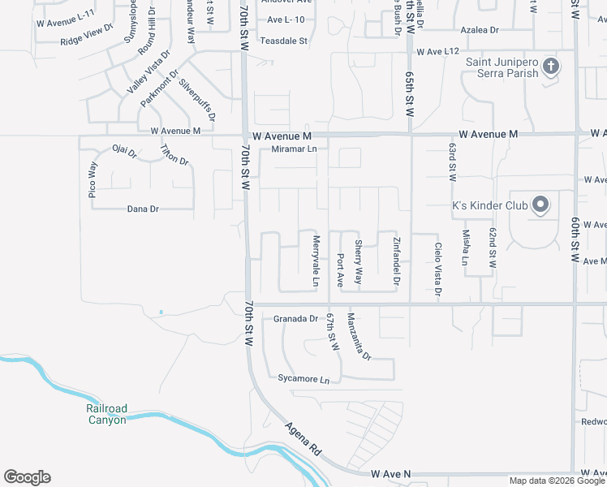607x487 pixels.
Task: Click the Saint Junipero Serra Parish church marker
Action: (x=551, y=67)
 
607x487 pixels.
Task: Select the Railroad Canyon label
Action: (x=106, y=414)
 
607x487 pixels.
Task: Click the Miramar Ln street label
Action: (x=289, y=149)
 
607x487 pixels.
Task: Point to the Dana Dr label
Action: (x=143, y=209)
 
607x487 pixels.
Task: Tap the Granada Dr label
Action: (x=295, y=318)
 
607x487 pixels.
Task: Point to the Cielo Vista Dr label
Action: (x=438, y=269)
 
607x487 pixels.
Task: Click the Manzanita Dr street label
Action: (x=359, y=336)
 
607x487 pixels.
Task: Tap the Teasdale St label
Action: (x=284, y=40)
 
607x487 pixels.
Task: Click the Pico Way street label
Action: (x=93, y=179)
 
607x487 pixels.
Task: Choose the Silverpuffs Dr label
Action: (x=197, y=98)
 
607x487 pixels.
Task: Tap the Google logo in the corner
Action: (x=27, y=477)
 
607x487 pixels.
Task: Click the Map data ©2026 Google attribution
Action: (x=557, y=481)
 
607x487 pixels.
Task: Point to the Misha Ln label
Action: (x=466, y=248)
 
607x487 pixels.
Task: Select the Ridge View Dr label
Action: (x=87, y=36)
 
